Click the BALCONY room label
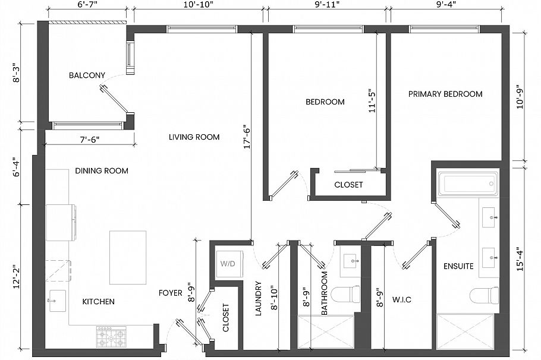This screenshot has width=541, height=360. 87,75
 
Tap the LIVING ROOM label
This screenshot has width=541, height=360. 194,137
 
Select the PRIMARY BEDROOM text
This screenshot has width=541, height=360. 445,94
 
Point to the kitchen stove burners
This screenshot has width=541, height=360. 112,336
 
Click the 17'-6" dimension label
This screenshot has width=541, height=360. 248,138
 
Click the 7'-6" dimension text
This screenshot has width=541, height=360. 90,140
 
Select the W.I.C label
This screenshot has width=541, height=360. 402,300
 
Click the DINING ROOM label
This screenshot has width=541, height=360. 102,171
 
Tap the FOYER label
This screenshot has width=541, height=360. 171,293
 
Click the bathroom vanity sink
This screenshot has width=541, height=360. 350,261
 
